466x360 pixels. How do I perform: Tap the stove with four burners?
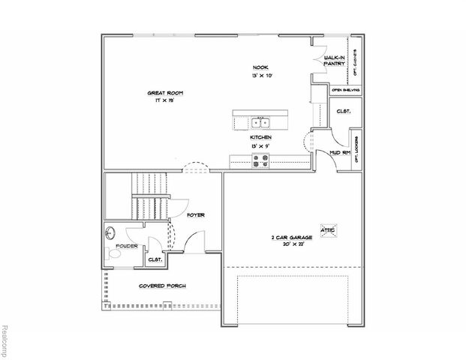[261, 158]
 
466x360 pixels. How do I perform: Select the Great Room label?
[165, 93]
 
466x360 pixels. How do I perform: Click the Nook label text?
[260, 67]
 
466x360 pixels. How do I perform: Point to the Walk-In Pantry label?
[334, 61]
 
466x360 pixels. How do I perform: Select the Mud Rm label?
[340, 153]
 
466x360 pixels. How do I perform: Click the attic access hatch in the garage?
[328, 230]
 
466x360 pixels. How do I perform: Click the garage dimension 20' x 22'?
[289, 244]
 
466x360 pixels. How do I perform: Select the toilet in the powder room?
[112, 255]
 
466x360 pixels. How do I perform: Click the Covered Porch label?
[162, 286]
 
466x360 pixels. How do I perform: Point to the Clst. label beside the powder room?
[155, 259]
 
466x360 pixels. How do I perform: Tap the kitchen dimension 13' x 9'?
[260, 145]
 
